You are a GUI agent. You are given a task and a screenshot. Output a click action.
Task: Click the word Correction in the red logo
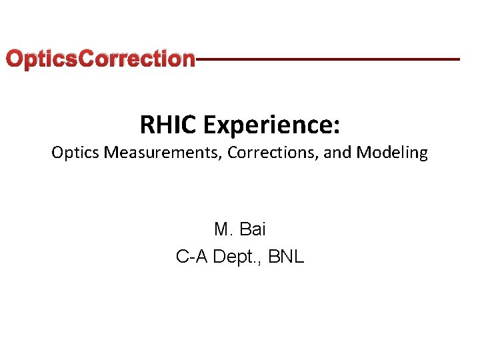coord(137,59)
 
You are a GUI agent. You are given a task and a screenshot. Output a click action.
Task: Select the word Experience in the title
coord(267,125)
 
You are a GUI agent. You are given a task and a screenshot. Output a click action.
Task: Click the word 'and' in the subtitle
coord(339,153)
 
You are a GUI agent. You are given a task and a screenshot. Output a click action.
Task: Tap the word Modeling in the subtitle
coord(392,153)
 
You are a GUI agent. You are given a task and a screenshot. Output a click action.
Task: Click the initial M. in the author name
coord(223,230)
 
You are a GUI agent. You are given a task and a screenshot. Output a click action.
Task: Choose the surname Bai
coord(252,230)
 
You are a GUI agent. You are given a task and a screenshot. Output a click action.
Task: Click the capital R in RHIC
coord(147,124)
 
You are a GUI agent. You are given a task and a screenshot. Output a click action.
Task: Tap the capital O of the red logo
coord(14,59)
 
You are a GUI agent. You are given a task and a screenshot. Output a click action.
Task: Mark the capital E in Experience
coord(211,124)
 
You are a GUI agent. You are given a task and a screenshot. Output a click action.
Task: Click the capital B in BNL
coord(274,257)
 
